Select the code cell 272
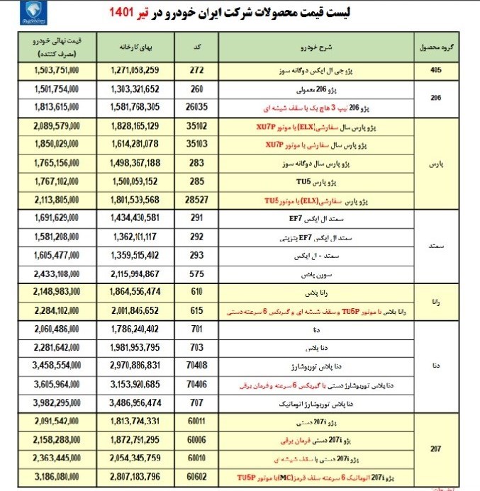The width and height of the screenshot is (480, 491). point(197,72)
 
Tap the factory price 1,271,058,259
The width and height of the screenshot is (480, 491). point(145,72)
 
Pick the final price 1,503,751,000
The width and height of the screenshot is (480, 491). point(56,72)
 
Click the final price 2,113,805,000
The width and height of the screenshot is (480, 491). point(56,201)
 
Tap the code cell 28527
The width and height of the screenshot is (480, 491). point(197,201)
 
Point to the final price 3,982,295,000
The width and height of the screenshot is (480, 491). point(56,403)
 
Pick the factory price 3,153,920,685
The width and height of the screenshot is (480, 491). point(145,385)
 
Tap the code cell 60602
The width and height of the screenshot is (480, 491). point(197,476)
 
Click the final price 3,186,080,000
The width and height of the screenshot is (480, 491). point(56,476)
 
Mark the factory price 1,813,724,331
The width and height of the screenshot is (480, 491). point(145,421)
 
